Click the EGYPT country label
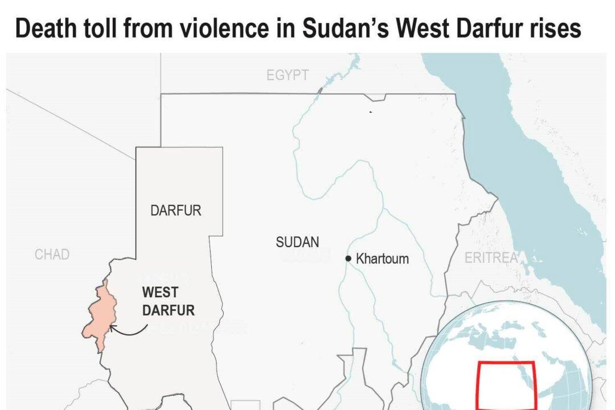pos(288,75)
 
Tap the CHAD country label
pos(52,255)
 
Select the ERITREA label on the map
pos(491,258)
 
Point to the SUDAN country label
pos(297,242)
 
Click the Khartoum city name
pos(382,259)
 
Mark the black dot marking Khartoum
pos(348,259)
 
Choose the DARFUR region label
pos(175,210)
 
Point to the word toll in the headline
pos(98,28)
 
